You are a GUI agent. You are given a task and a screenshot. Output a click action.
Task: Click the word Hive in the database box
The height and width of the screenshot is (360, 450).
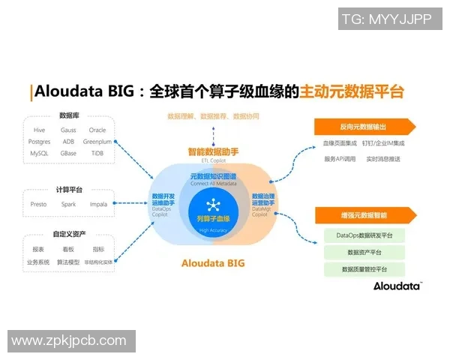click(39, 130)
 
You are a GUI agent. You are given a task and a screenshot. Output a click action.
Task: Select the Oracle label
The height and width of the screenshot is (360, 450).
click(97, 130)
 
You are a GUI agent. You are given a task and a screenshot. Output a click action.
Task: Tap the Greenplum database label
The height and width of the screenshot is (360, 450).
click(97, 141)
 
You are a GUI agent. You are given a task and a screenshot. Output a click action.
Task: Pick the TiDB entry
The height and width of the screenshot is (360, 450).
click(97, 153)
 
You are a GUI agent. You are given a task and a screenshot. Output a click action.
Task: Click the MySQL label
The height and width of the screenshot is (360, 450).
click(39, 153)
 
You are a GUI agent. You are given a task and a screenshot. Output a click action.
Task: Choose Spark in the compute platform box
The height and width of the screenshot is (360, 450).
click(68, 204)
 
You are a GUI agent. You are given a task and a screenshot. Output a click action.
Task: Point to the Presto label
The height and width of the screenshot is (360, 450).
click(39, 204)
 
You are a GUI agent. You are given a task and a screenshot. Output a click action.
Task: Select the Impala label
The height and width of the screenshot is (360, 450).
click(97, 204)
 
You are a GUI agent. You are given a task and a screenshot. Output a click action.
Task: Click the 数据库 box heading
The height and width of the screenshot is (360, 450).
click(70, 115)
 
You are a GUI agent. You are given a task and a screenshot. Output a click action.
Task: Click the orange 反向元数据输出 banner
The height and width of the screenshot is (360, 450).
click(364, 126)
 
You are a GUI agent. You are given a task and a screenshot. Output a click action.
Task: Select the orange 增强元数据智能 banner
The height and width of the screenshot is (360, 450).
click(364, 215)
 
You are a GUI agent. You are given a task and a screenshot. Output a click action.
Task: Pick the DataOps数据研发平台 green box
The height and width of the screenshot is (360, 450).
click(364, 235)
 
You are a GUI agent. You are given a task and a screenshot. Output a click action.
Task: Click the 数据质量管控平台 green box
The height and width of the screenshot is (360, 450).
click(364, 269)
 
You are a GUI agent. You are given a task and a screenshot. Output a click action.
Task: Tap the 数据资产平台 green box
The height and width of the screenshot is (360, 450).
click(364, 253)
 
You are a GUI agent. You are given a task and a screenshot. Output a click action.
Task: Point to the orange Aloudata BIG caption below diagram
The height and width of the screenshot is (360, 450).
click(213, 263)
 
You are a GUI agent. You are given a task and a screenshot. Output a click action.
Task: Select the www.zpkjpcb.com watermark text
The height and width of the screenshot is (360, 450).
click(69, 340)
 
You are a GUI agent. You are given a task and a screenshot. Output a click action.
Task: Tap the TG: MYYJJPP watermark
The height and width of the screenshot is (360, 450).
click(387, 20)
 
